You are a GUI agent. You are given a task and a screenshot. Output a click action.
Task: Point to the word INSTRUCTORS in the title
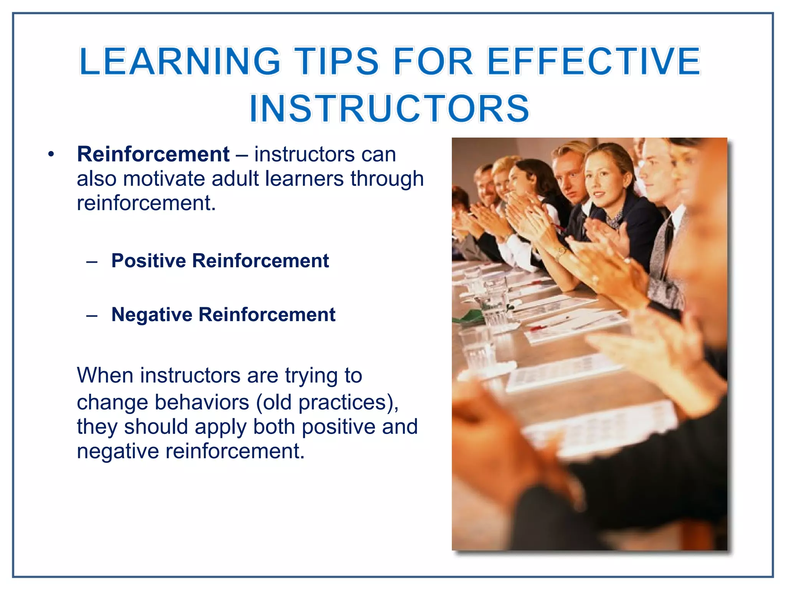coord(390,108)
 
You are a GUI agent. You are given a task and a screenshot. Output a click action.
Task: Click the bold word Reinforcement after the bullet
coord(153,154)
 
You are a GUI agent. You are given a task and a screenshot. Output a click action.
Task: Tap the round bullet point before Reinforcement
coord(51,155)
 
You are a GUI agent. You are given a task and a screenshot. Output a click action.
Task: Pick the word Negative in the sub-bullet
coord(152,315)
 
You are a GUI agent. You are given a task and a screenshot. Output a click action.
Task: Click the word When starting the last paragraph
coord(105,375)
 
